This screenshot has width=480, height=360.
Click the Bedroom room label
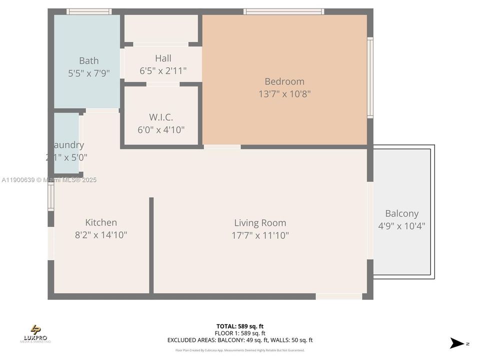pos(284,81)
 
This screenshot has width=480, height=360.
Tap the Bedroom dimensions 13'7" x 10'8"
pos(284,94)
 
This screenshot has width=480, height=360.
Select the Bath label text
pos(88,61)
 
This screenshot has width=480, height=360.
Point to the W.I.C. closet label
pos(161,117)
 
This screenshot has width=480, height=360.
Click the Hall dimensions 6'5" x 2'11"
pos(163,71)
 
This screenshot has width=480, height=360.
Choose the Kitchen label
pos(101,222)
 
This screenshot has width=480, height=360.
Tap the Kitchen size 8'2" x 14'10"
pos(101,235)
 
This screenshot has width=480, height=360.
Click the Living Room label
pos(260,223)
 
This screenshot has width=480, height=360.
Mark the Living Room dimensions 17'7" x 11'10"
pos(260,235)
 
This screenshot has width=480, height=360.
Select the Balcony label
pos(401,213)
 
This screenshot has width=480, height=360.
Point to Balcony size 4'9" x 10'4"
pos(401,226)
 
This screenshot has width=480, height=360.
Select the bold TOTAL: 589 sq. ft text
pos(240,326)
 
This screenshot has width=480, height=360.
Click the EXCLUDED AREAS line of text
pos(240,340)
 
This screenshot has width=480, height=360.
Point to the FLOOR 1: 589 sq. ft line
pos(240,333)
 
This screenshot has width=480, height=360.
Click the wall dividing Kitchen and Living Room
pos(151,245)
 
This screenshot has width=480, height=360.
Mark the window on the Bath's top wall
pos(89,11)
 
